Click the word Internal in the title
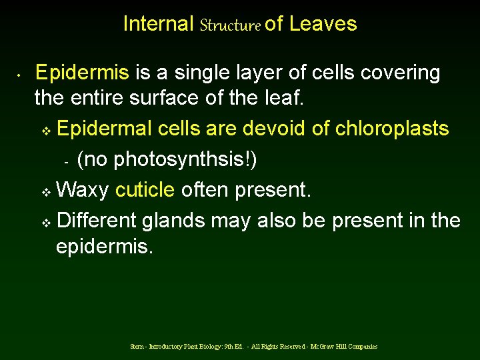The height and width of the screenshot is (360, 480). tap(158, 24)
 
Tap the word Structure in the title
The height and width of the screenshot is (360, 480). tap(229, 25)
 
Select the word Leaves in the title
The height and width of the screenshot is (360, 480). tap(323, 24)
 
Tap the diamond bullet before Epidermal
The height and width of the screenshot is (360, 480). tap(46, 129)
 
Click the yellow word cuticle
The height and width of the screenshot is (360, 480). tap(145, 191)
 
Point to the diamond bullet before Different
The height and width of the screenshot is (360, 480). tap(46, 221)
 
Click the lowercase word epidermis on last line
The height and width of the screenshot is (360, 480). tap(104, 247)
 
